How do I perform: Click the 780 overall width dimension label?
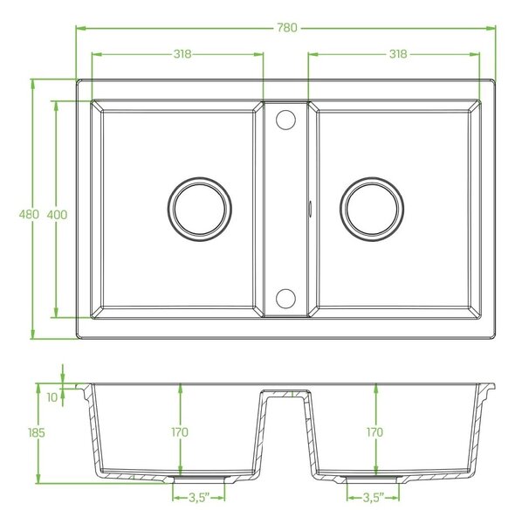click(x=287, y=27)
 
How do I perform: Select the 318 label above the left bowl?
click(x=182, y=53)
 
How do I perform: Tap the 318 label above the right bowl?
click(x=398, y=53)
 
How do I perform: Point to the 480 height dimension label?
click(x=29, y=214)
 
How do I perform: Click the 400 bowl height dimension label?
click(x=57, y=214)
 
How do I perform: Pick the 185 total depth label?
click(x=36, y=433)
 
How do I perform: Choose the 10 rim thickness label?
click(x=52, y=397)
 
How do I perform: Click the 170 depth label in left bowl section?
click(x=180, y=432)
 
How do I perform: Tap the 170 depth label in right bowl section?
click(x=375, y=432)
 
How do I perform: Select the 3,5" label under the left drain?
click(x=199, y=498)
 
